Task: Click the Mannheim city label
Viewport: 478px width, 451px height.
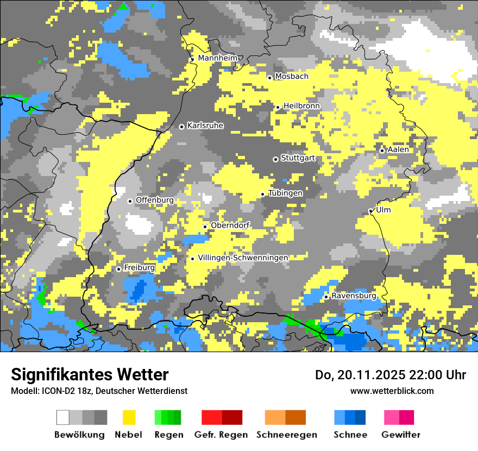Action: tap(218, 58)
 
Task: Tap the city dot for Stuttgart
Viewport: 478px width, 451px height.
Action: tap(275, 159)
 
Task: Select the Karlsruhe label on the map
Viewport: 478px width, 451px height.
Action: tap(205, 126)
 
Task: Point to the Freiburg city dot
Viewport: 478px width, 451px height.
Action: tap(118, 269)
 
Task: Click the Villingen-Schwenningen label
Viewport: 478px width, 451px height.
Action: tap(243, 258)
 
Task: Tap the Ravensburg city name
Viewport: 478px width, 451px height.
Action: tap(354, 296)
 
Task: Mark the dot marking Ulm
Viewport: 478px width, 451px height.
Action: tap(370, 211)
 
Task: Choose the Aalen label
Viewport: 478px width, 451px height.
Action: tap(398, 149)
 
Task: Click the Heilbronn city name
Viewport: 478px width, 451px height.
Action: tap(301, 106)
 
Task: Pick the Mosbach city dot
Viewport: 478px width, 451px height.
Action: tap(269, 78)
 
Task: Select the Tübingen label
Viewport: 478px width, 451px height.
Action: tap(285, 193)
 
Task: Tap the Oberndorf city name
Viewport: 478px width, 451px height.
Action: tap(230, 225)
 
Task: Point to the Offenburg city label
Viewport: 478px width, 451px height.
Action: tap(155, 200)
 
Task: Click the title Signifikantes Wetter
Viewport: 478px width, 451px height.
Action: tap(90, 374)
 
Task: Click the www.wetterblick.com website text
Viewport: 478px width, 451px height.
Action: tap(392, 391)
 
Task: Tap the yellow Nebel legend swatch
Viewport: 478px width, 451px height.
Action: tap(129, 417)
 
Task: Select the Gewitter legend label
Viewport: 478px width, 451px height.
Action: tap(400, 435)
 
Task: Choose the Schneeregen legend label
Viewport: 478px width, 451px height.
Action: tap(286, 435)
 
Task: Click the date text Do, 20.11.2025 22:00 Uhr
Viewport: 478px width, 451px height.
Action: tap(391, 375)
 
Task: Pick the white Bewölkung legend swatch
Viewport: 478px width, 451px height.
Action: tap(63, 417)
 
